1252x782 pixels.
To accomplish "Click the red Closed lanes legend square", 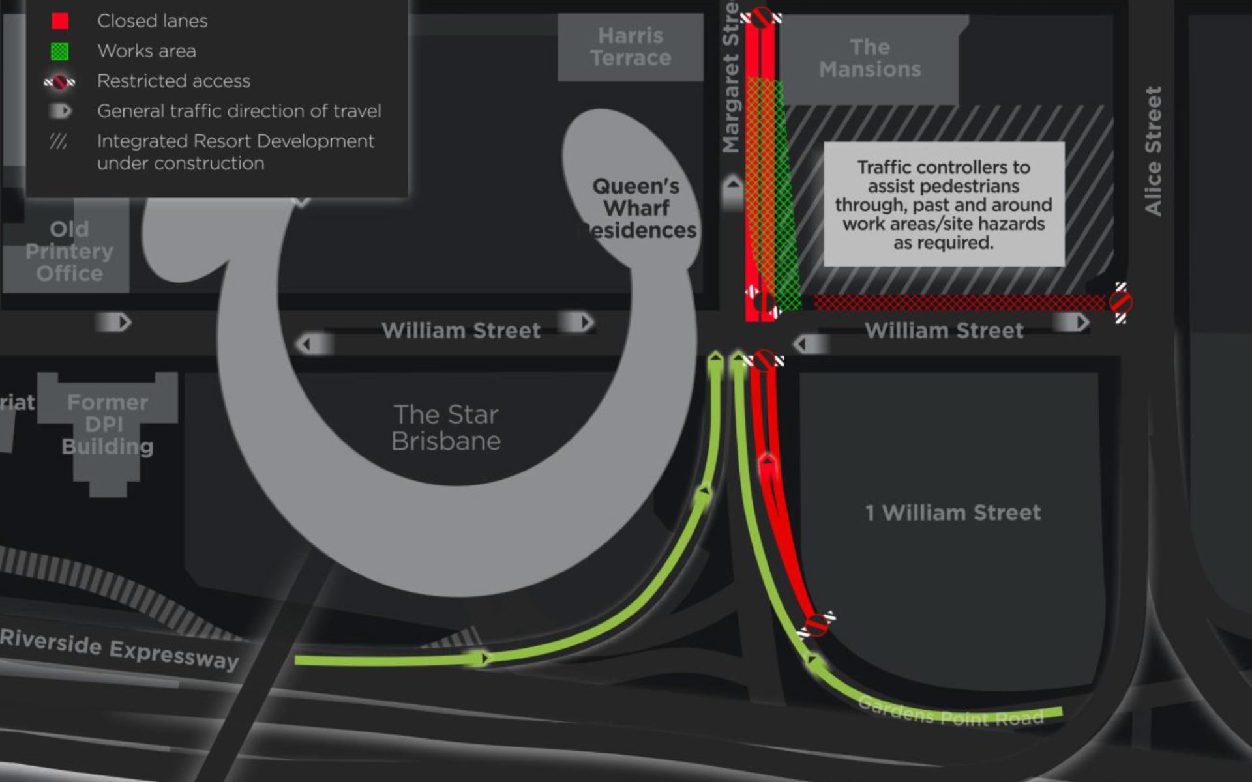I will (x=60, y=21).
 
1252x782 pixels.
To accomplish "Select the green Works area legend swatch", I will (x=60, y=51).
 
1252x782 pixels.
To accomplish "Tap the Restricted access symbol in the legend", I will (x=59, y=82).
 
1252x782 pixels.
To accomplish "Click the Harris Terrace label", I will (x=631, y=47).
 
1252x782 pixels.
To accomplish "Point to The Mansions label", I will (x=870, y=58).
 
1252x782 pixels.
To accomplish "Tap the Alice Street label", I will (x=1153, y=151).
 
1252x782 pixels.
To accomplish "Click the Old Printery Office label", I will (x=69, y=252).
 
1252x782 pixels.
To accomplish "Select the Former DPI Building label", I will (x=108, y=424).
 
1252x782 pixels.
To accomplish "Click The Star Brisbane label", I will (x=446, y=428).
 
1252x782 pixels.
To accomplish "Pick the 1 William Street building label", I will (x=953, y=513).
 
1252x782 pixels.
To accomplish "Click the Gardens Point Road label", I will (x=951, y=712).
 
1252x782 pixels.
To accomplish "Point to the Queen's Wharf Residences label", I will (x=637, y=209).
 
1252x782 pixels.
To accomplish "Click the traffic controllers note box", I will (x=944, y=205).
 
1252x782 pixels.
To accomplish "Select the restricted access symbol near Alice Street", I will (x=1120, y=303).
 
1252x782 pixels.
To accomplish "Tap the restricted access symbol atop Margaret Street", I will (x=761, y=17).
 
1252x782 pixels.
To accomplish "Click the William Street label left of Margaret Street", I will (x=461, y=330).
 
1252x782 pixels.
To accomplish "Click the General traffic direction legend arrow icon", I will (x=61, y=111).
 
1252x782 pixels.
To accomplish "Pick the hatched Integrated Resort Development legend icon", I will (x=59, y=141).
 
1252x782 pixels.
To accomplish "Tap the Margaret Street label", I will (x=732, y=78).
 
